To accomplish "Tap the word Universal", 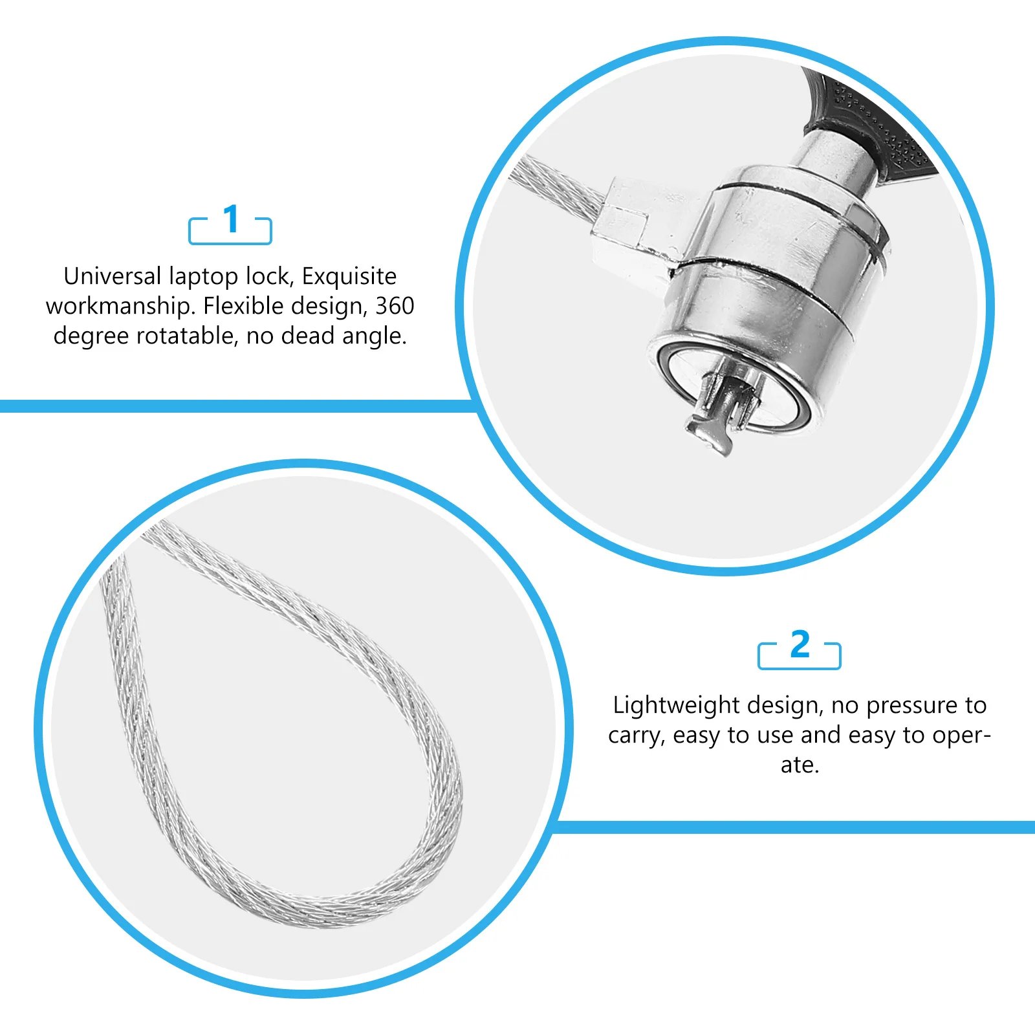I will point(112,276).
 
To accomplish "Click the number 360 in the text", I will point(395,306).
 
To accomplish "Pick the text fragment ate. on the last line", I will point(800,765).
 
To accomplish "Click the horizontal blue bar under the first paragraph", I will point(233,406).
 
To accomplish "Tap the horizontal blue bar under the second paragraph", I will point(796,827).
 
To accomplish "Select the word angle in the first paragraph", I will point(375,336).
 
